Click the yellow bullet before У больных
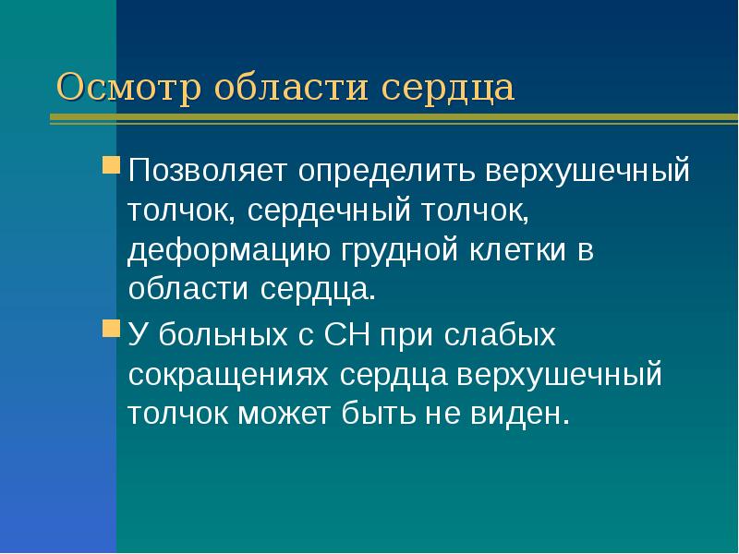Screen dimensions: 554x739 [x=111, y=330]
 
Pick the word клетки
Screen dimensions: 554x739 [x=520, y=251]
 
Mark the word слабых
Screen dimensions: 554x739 [x=508, y=334]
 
